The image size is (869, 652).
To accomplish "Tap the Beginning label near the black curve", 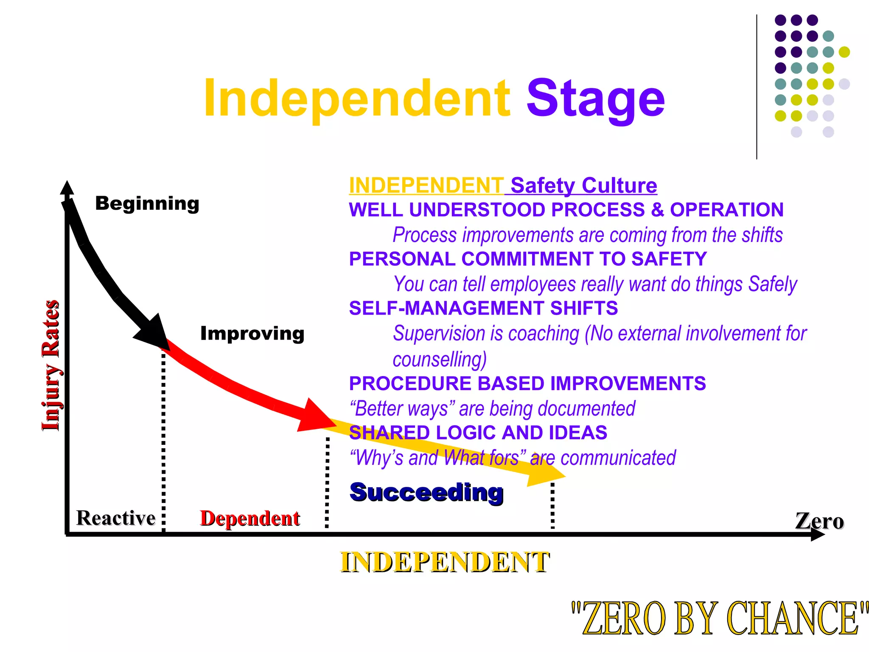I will (147, 203).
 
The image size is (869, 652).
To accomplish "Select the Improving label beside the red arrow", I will (252, 334).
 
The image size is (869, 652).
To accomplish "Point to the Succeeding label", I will (426, 492).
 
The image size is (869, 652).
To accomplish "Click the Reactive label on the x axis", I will (116, 518).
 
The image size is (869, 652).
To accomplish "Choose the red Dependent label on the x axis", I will (250, 518).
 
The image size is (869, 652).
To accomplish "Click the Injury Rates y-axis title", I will (51, 365).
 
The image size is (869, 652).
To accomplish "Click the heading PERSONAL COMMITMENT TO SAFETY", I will (528, 259).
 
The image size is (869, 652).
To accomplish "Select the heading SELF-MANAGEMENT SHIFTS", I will (483, 308).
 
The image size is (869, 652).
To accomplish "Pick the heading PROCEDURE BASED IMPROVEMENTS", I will (527, 383).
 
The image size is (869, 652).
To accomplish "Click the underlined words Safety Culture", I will (583, 185).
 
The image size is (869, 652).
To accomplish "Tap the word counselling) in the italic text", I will (440, 360).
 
